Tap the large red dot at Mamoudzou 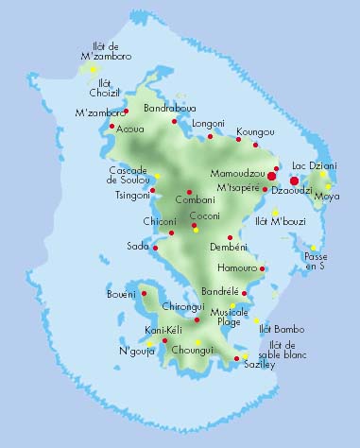[x=271, y=176]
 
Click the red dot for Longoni [x=211, y=137]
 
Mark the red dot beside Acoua [x=112, y=126]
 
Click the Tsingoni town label [x=132, y=197]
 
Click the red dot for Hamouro [x=263, y=268]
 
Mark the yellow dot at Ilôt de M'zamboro [x=93, y=69]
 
